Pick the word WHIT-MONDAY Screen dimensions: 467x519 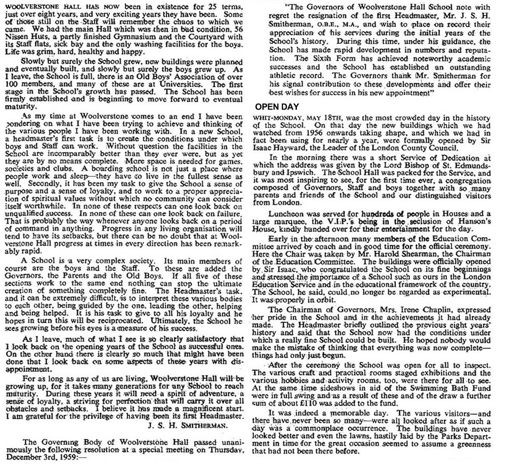point(275,117)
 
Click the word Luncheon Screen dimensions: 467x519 point(285,213)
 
